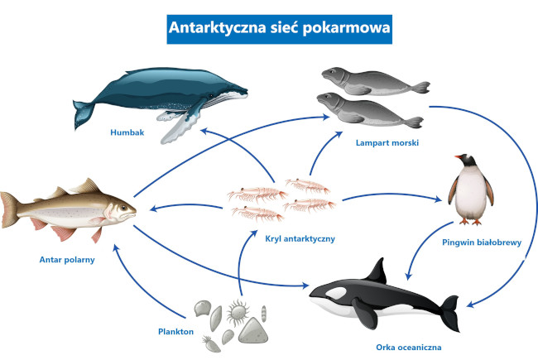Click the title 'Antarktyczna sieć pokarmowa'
(268, 27)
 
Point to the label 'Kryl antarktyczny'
(299, 238)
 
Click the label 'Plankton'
(175, 331)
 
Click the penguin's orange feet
(471, 221)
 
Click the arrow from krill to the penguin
(389, 197)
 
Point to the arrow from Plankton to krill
(242, 265)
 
